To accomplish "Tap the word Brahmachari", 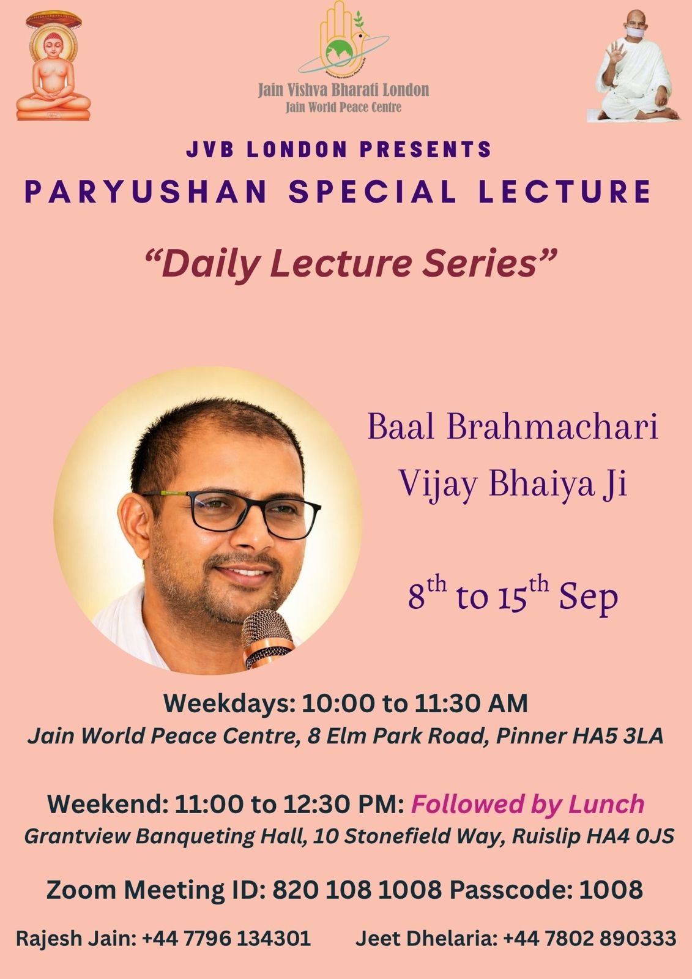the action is pyautogui.click(x=552, y=426).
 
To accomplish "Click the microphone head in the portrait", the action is pyautogui.click(x=268, y=634).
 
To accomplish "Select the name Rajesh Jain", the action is pyautogui.click(x=71, y=939).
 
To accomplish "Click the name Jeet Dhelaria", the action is pyautogui.click(x=426, y=939).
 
